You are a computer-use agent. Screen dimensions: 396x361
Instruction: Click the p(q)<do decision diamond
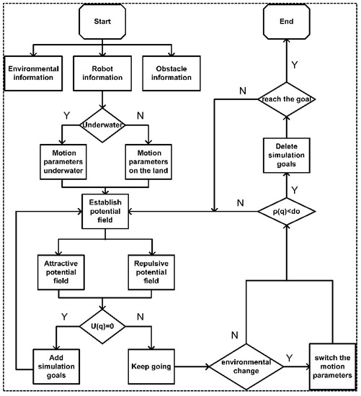287,212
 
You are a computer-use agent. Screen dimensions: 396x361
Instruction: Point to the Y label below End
294,64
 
